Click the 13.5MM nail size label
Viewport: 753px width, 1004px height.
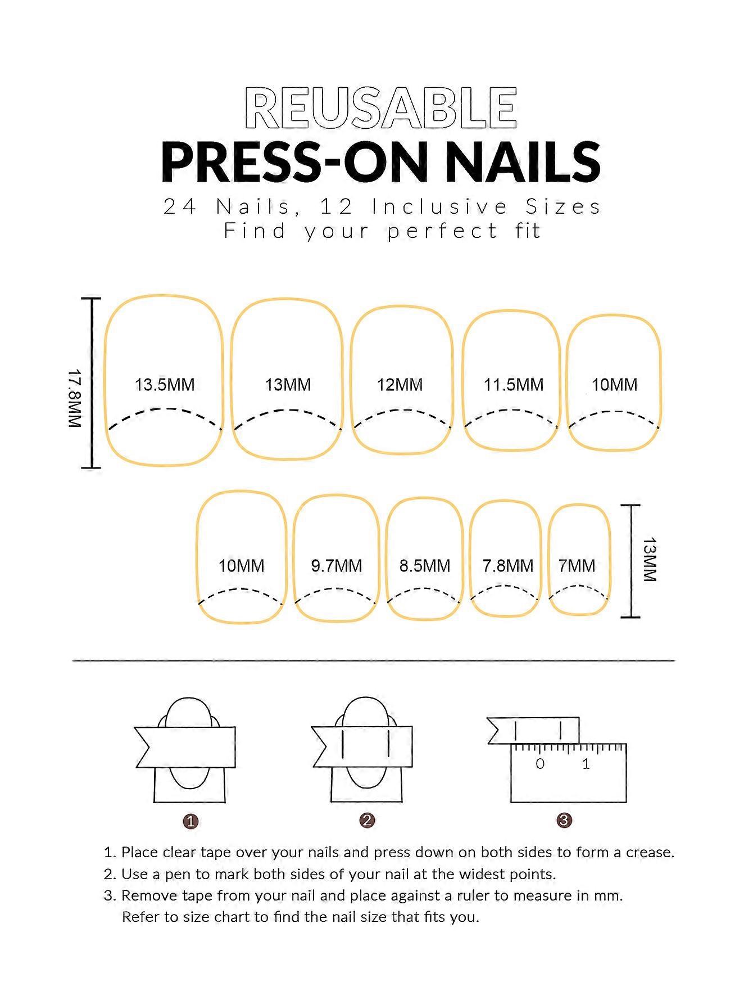(x=165, y=385)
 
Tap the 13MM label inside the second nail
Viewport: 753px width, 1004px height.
(x=288, y=385)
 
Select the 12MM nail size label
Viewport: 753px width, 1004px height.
(x=400, y=385)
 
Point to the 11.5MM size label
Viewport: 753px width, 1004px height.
(x=514, y=385)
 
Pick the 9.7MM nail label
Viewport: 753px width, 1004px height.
(x=337, y=566)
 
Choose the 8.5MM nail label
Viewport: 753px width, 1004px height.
(x=425, y=566)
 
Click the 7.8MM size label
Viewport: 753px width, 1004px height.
(x=508, y=566)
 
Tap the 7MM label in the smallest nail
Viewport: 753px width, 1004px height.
(x=577, y=566)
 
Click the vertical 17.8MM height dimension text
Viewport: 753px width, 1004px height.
(x=75, y=398)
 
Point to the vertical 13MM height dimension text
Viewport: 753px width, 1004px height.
(x=650, y=560)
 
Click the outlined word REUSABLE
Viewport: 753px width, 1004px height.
(x=381, y=108)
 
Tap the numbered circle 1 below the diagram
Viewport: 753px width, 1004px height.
(x=191, y=822)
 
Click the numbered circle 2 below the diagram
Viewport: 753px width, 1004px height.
(x=367, y=821)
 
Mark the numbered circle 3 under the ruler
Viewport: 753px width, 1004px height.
(x=564, y=821)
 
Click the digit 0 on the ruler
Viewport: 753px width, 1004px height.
(x=540, y=764)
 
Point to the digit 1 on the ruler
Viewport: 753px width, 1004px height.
(x=586, y=764)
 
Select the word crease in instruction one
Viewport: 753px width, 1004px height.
(x=649, y=853)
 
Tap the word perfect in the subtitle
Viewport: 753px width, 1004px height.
(x=443, y=231)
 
